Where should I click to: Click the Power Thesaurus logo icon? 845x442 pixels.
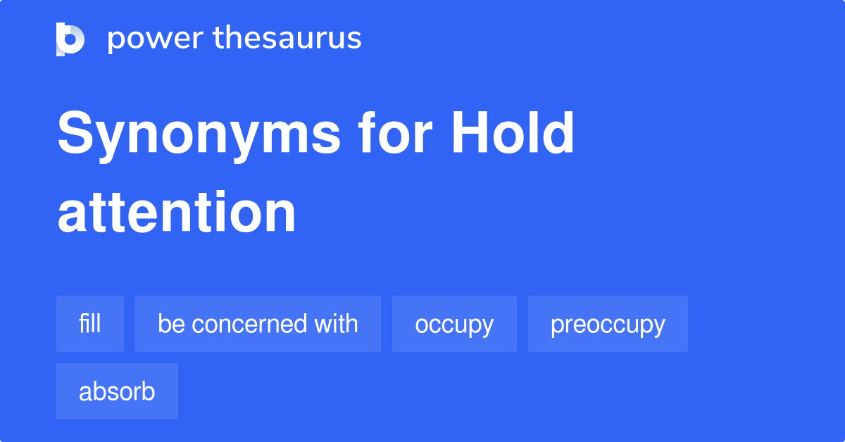tap(70, 39)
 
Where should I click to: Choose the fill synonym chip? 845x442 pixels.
tap(90, 324)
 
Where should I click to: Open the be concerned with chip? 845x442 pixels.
tap(258, 324)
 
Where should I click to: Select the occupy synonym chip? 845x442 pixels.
tap(454, 324)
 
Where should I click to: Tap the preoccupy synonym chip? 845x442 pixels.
tap(608, 324)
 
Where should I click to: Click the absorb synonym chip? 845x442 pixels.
tap(117, 391)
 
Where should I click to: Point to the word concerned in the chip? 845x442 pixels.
tap(249, 324)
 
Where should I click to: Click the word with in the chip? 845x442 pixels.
tap(336, 324)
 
